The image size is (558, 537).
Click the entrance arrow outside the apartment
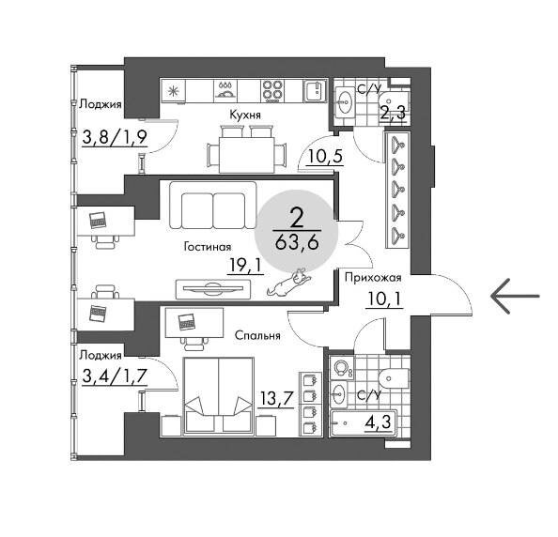point(515,296)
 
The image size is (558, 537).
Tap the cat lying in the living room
point(289,282)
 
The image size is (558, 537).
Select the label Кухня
point(245,115)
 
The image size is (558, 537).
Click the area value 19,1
point(245,266)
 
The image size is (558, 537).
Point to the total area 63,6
point(297,243)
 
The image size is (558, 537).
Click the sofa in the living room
point(213,206)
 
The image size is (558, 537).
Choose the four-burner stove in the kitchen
point(272,90)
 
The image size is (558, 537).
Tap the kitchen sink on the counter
point(315,91)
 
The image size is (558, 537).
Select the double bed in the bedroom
point(219,396)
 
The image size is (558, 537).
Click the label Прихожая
point(373,278)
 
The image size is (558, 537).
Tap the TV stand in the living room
point(213,289)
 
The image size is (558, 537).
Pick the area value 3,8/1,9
point(115,137)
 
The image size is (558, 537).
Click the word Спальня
point(257,335)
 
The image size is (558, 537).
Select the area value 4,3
point(378,422)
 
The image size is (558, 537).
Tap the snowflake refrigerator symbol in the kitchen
point(174,91)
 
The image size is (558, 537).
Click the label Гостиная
point(208,247)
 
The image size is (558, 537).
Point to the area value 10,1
point(384,299)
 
